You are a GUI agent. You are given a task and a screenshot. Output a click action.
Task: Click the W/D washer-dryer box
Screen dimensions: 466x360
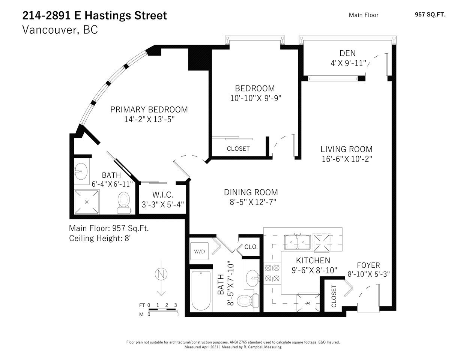click(199, 251)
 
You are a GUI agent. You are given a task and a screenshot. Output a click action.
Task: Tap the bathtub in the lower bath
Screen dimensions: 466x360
click(201, 291)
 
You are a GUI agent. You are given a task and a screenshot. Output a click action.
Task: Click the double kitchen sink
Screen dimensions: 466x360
click(297, 242)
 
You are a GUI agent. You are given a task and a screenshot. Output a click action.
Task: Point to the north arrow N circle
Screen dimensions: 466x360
click(161, 274)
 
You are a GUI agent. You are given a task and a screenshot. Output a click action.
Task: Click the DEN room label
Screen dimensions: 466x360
click(347, 53)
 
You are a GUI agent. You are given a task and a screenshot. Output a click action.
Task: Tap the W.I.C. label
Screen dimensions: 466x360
click(162, 195)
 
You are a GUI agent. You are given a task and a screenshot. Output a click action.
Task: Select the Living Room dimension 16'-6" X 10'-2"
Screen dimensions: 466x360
click(347, 159)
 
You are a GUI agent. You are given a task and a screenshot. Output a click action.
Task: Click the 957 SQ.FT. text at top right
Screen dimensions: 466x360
click(430, 15)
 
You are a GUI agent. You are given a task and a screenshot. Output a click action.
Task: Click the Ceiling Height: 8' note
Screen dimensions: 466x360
click(100, 238)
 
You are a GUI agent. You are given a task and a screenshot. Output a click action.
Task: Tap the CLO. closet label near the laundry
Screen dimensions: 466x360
click(251, 247)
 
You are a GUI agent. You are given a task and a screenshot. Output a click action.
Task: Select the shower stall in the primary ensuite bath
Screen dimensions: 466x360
click(87, 202)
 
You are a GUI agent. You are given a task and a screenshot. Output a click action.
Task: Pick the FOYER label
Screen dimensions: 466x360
click(368, 265)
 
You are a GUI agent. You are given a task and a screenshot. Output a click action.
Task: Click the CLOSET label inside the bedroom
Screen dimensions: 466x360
click(238, 149)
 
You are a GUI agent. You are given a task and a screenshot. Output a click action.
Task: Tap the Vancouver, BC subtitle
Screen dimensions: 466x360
click(60, 30)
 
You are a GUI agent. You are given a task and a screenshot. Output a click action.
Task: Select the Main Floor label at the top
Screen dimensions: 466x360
click(364, 15)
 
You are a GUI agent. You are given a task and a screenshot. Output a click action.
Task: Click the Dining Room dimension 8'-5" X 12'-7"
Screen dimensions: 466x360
click(253, 202)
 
